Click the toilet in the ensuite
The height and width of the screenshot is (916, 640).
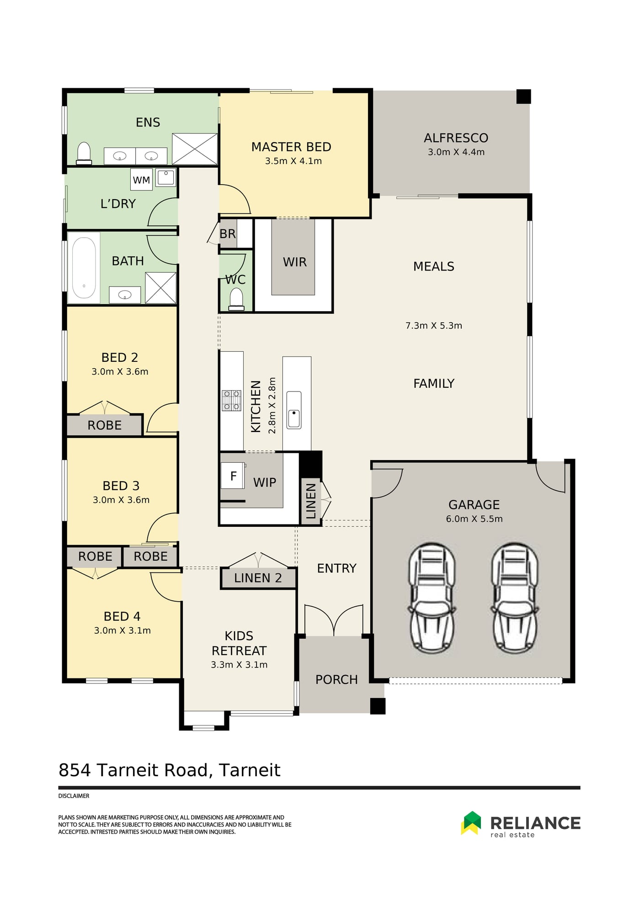click(x=84, y=153)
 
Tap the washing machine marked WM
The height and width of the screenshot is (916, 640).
click(x=141, y=180)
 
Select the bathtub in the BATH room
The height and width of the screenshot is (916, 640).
click(x=84, y=268)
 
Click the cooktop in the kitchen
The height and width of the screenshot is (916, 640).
click(x=231, y=401)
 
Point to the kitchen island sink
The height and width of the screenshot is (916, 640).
click(x=294, y=410)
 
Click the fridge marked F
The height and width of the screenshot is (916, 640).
click(x=233, y=476)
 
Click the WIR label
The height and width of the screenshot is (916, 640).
click(x=295, y=262)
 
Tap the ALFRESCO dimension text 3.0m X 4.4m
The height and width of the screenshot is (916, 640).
click(x=456, y=152)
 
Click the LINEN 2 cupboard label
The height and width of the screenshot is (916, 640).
click(x=258, y=578)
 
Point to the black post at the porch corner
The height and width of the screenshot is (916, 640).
click(x=378, y=706)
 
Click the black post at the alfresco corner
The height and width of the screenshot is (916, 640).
click(x=524, y=96)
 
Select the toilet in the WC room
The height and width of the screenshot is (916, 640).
click(x=236, y=299)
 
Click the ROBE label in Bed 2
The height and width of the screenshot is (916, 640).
click(x=105, y=425)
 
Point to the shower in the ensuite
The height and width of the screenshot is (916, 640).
click(x=195, y=149)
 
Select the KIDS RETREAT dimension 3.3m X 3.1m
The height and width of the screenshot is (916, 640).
click(x=239, y=665)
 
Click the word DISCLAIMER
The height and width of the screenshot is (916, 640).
click(x=74, y=796)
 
